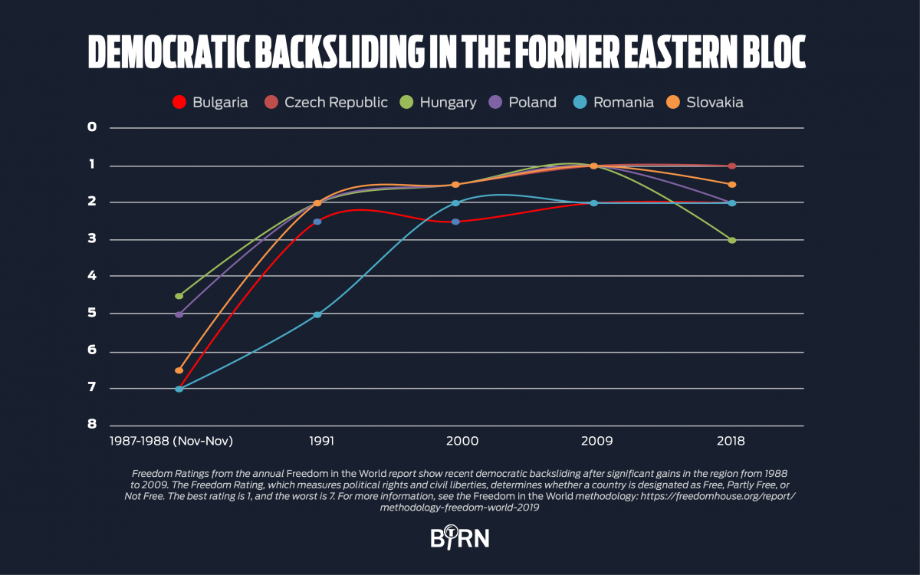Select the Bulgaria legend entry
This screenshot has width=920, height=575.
(x=211, y=102)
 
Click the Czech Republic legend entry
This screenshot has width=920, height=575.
(x=327, y=102)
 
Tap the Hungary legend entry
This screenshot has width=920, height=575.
(x=439, y=102)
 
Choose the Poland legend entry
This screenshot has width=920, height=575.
(x=524, y=102)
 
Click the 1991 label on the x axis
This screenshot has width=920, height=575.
(x=317, y=442)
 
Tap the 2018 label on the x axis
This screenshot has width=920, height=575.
(x=731, y=442)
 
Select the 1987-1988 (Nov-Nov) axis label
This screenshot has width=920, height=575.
(x=172, y=442)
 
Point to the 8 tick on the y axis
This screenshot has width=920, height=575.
(x=92, y=424)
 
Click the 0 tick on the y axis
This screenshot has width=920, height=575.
(x=92, y=127)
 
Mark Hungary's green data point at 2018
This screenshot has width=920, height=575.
(x=732, y=240)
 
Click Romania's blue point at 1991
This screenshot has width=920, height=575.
(x=317, y=314)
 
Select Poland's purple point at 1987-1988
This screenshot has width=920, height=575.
(x=179, y=314)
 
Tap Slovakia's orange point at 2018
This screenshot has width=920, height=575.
(x=732, y=184)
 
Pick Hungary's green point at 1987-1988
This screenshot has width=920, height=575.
(x=179, y=296)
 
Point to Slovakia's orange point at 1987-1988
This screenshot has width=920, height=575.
(x=179, y=370)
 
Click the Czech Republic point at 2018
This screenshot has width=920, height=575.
(x=732, y=166)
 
